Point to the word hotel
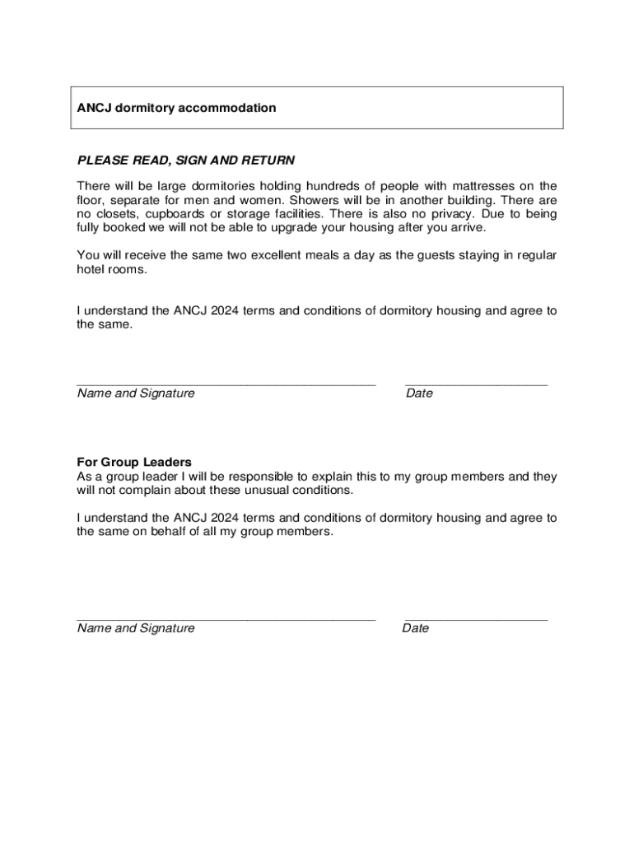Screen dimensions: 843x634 91,269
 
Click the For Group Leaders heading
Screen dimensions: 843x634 134,462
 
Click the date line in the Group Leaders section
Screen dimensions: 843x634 476,619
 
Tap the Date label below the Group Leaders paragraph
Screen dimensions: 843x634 416,628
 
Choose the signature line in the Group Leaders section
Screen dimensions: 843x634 226,619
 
